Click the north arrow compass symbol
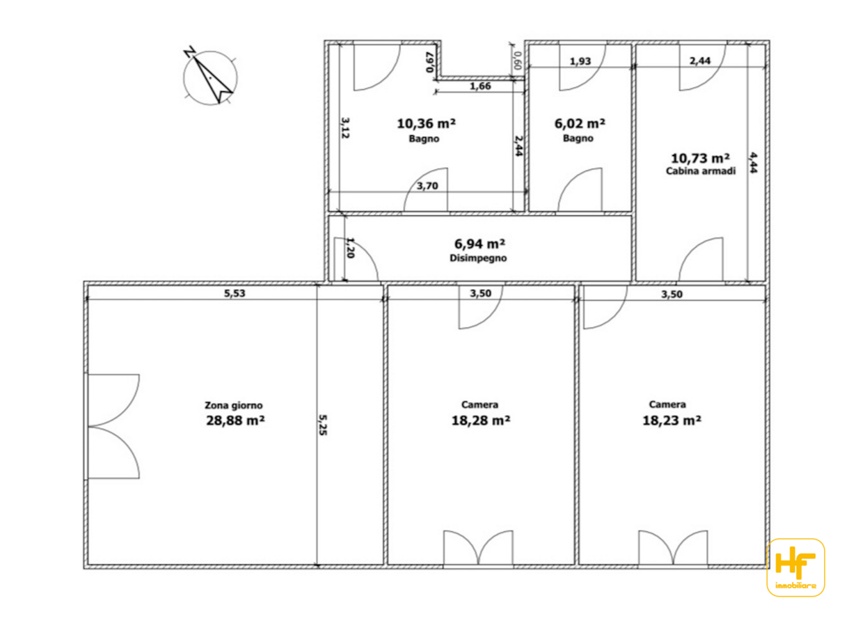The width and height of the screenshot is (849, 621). pyautogui.click(x=210, y=78)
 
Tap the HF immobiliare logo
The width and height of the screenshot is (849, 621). pyautogui.click(x=796, y=567)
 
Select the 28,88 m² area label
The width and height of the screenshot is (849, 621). pyautogui.click(x=235, y=420)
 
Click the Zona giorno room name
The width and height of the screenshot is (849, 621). pyautogui.click(x=234, y=405)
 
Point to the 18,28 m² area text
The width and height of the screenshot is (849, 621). pyautogui.click(x=481, y=420)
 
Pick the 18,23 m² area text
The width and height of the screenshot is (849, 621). pyautogui.click(x=672, y=420)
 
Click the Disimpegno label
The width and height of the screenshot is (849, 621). pyautogui.click(x=478, y=258)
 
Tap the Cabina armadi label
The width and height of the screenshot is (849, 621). pyautogui.click(x=701, y=171)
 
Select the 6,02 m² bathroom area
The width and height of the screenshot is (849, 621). pyautogui.click(x=580, y=124)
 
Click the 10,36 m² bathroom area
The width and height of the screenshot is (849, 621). pyautogui.click(x=427, y=124)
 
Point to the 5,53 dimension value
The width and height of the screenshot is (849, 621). pyautogui.click(x=235, y=293)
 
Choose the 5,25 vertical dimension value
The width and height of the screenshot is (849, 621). pyautogui.click(x=322, y=425)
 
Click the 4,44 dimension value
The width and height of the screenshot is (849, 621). pyautogui.click(x=753, y=162)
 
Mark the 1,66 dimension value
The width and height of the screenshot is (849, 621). pyautogui.click(x=480, y=86)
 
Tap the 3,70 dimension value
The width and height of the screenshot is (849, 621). pyautogui.click(x=427, y=186)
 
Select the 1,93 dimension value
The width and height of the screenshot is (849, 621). pyautogui.click(x=580, y=61)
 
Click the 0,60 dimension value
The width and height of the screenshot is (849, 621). pyautogui.click(x=516, y=61)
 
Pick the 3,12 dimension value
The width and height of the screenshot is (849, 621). pyautogui.click(x=345, y=127)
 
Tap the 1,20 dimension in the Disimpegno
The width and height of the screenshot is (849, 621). pyautogui.click(x=351, y=248)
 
